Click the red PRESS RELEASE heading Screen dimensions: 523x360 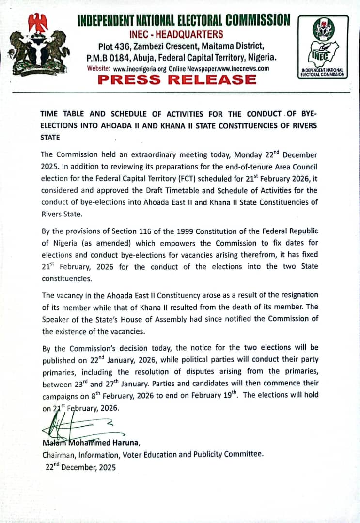coord(177,80)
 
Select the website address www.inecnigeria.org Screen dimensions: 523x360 coord(140,69)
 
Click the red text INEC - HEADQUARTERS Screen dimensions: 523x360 coord(177,34)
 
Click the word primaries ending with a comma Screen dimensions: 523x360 coord(60,372)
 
